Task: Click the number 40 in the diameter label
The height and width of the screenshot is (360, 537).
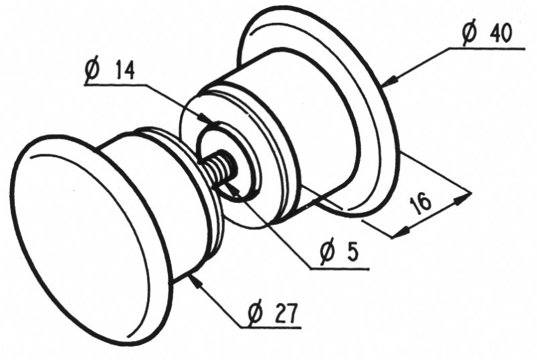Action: (501, 33)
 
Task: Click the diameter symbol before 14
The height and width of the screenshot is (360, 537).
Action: (93, 70)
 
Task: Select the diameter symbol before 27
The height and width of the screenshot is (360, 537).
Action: (256, 313)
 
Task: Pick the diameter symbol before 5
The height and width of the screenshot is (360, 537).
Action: (326, 252)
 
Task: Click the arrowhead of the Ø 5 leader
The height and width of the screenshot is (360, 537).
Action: (229, 183)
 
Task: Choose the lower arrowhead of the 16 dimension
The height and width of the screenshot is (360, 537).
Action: (401, 232)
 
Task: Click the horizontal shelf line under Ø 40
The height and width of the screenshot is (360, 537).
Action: (487, 48)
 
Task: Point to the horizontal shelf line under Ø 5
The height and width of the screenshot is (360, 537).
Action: (339, 269)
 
